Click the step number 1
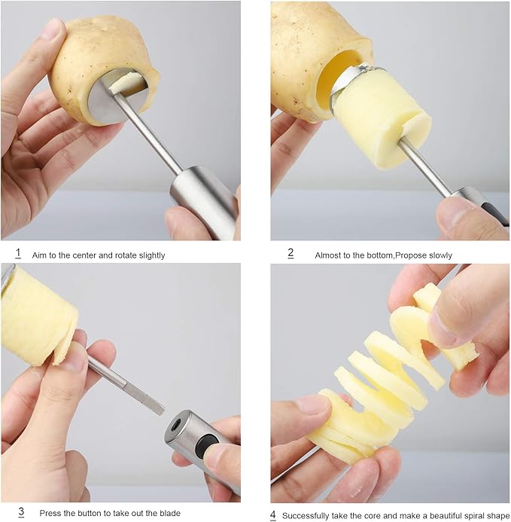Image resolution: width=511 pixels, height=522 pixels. tap(18, 254)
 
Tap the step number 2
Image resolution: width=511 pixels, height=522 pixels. tap(290, 254)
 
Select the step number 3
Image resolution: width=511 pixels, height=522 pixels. tap(21, 511)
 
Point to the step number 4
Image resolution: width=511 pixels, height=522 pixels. tap(272, 515)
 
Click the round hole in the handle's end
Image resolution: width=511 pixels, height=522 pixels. tap(175, 426)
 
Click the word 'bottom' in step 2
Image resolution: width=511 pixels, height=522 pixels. tap(380, 255)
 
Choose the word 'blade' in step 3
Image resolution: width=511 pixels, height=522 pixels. tap(170, 513)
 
